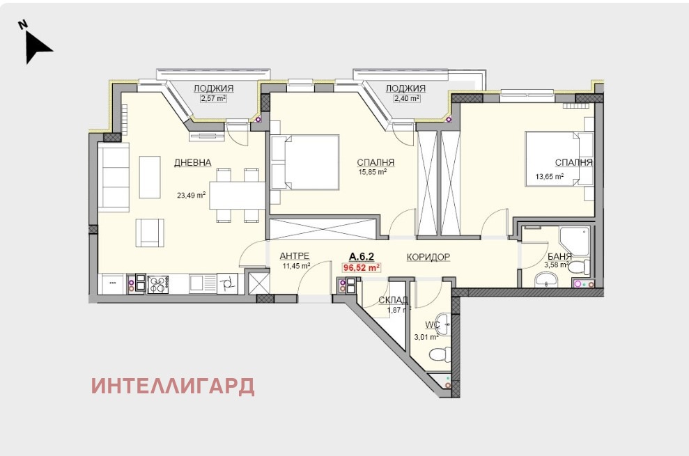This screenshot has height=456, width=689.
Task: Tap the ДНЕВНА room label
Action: [x=192, y=162]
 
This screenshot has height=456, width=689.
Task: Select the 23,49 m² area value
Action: [x=191, y=195]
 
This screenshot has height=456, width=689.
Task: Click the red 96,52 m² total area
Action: [x=361, y=267]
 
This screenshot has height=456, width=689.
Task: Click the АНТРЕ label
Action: [x=295, y=256]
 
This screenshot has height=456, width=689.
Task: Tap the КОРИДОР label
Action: [x=428, y=257]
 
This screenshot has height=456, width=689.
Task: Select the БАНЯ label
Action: [x=559, y=257]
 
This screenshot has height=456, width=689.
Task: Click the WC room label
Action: [x=432, y=324]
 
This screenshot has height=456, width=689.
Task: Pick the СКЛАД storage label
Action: [x=393, y=301]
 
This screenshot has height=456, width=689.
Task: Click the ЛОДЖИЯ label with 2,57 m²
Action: [x=214, y=88]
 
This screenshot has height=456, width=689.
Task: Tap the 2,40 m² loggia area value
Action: [x=406, y=98]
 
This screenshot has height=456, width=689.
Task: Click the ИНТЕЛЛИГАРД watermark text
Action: [x=173, y=386]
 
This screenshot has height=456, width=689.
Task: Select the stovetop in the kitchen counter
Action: [x=157, y=284]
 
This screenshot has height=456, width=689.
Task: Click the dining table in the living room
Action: [x=238, y=195]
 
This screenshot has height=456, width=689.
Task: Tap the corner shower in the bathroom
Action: [x=574, y=241]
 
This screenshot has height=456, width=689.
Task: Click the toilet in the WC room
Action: [x=440, y=354]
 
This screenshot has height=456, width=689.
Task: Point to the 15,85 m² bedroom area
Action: [x=373, y=172]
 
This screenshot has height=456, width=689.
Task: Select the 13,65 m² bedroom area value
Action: [x=549, y=177]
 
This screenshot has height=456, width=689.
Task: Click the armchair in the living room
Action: [x=149, y=233]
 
